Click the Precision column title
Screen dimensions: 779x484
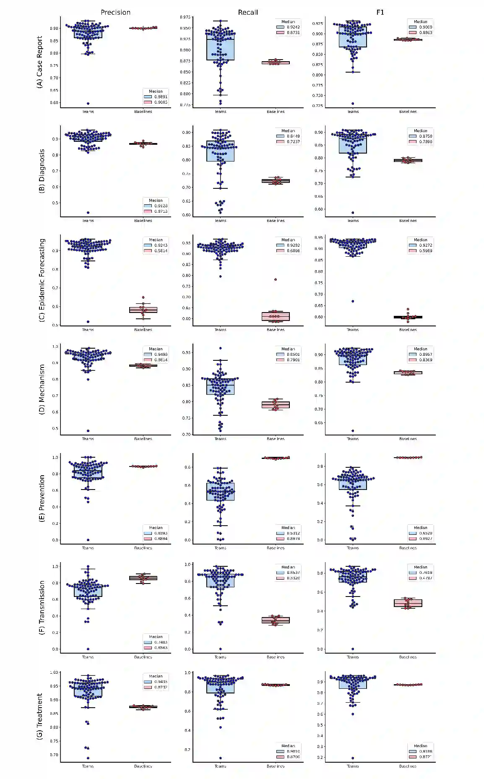click(x=115, y=12)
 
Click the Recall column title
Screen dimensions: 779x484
click(x=248, y=12)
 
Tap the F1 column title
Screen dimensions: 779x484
click(x=380, y=12)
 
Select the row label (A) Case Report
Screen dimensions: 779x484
click(x=40, y=62)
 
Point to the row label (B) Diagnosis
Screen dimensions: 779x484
click(x=42, y=171)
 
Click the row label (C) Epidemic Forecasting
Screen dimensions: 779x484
click(x=42, y=280)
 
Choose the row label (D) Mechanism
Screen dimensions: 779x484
click(x=42, y=389)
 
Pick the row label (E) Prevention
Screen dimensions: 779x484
click(x=42, y=498)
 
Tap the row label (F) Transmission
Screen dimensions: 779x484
click(x=42, y=607)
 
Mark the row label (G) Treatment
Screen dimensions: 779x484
click(x=40, y=716)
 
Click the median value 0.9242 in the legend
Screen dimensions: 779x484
click(x=293, y=27)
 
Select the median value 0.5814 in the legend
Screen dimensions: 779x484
click(x=161, y=251)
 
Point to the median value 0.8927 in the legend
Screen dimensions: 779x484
click(x=426, y=539)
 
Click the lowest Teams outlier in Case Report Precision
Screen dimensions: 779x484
click(x=88, y=103)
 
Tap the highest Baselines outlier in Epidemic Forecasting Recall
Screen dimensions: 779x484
click(x=276, y=279)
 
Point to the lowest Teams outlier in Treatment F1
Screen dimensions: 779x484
click(x=353, y=758)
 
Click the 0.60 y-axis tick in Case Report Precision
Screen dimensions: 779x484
click(x=54, y=103)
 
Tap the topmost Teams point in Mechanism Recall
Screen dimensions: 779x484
click(x=221, y=348)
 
